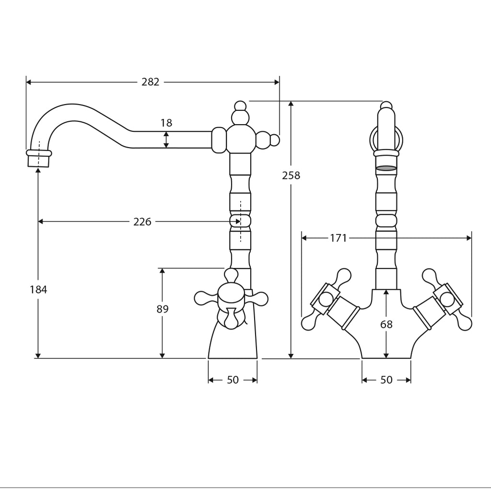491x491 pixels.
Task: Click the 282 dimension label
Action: (150, 82)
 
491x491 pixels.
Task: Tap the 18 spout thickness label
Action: (166, 123)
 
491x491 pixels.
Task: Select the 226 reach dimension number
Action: (142, 222)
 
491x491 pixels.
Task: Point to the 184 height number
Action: (38, 290)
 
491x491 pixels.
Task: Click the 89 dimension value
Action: (163, 309)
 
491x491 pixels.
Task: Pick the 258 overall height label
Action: (291, 175)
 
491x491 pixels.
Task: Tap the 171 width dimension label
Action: (338, 238)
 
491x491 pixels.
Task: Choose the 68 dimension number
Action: (386, 325)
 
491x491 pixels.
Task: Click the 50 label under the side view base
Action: (233, 380)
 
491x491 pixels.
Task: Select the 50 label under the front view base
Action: (386, 380)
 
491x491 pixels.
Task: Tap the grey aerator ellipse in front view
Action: (386, 168)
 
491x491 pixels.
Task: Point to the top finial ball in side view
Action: (240, 105)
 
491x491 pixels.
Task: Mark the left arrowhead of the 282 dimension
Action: (28, 82)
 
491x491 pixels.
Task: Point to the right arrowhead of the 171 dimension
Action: (469, 238)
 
